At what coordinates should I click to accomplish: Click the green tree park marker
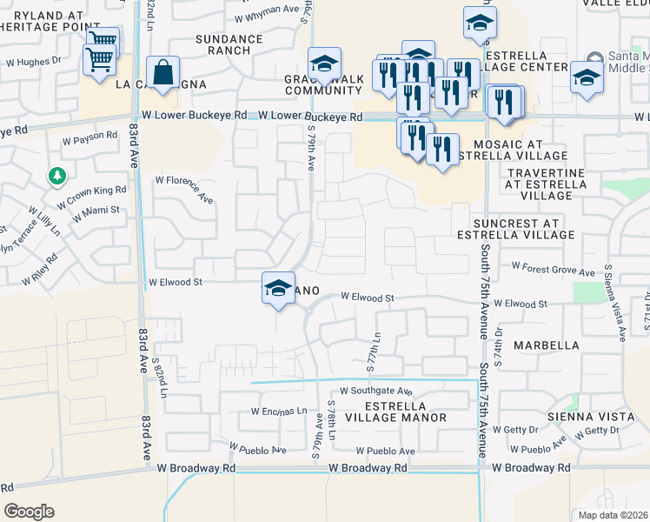(57, 177)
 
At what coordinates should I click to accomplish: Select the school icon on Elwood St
(277, 289)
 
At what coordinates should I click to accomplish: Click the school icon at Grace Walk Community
(324, 64)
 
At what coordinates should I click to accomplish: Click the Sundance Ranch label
(229, 45)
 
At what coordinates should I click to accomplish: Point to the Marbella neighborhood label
(546, 345)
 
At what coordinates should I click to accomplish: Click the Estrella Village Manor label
(395, 412)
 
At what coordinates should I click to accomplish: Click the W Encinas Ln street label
(279, 411)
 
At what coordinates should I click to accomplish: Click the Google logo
(29, 511)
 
